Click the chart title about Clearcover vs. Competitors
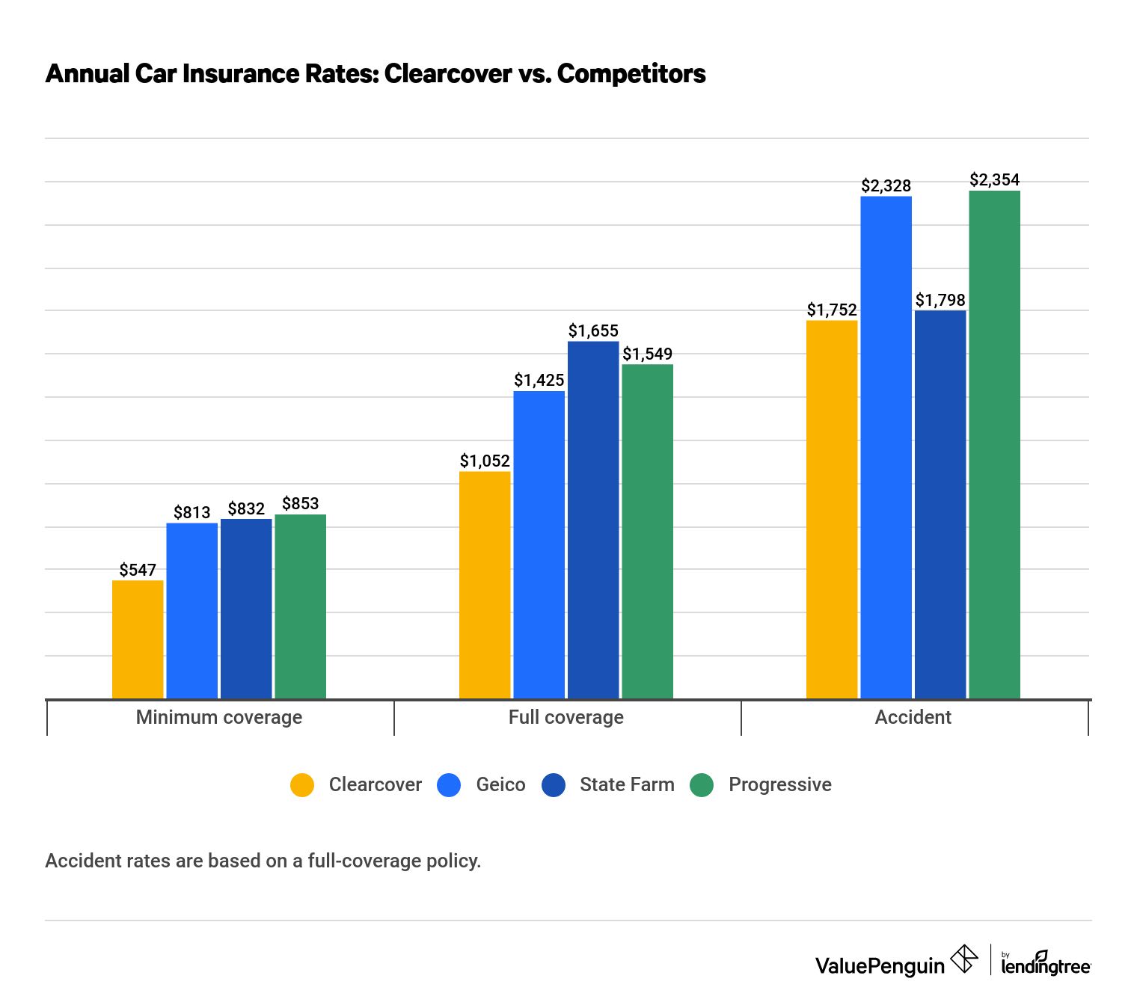coord(375,73)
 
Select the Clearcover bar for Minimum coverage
coord(138,639)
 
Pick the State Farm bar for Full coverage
coord(593,520)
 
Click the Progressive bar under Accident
coord(994,445)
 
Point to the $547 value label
coord(138,570)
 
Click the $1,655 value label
coord(593,331)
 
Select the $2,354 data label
coord(994,179)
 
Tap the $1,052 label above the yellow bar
coord(485,461)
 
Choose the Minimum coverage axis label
coord(219,717)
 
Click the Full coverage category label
coord(566,717)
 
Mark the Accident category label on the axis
coord(913,717)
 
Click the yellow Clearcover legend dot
coord(302,784)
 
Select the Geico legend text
coord(500,784)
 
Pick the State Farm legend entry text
coord(627,784)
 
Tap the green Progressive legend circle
coord(702,784)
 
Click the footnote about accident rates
coord(263,861)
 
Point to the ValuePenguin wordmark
coord(880,965)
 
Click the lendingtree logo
coord(1045,963)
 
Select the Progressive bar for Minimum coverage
coord(300,606)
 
